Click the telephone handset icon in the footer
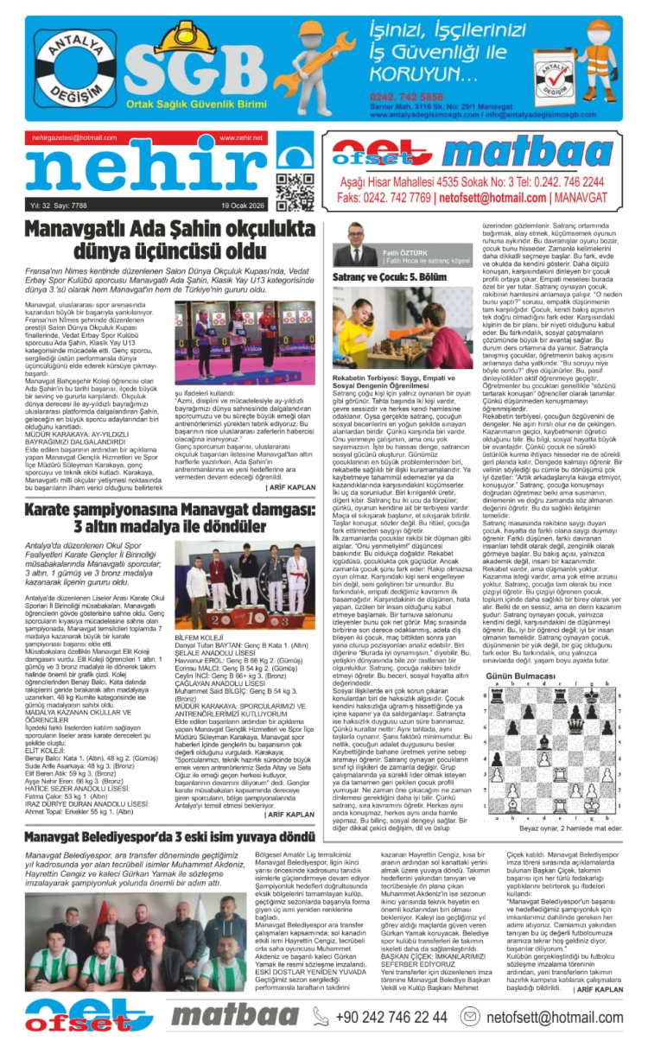320,1016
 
